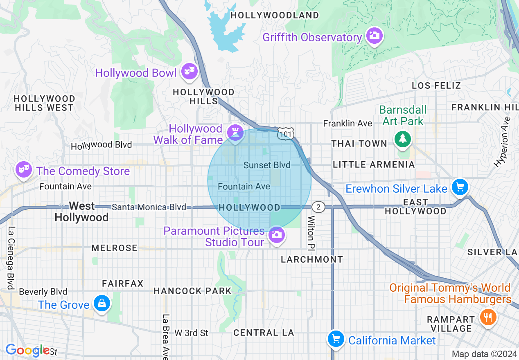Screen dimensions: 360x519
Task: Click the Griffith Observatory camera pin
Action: (x=374, y=36)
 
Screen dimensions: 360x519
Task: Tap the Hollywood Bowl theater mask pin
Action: (x=189, y=71)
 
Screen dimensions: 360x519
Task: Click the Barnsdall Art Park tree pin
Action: (x=403, y=138)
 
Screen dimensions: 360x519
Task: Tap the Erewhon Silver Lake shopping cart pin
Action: (x=460, y=187)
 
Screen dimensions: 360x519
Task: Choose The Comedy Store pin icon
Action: (x=23, y=169)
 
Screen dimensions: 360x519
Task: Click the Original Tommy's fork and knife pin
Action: (x=487, y=317)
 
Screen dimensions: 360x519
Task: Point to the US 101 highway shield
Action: (x=285, y=134)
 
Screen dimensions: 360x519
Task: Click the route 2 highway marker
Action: (x=318, y=207)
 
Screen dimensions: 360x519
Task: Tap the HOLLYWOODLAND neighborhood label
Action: (x=275, y=16)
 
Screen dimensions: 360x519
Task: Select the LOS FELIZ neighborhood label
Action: (x=436, y=85)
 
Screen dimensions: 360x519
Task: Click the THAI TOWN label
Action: (x=359, y=144)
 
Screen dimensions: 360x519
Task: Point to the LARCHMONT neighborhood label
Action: (x=312, y=259)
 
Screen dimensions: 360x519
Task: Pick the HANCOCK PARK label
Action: (x=192, y=291)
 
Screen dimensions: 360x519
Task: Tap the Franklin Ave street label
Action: (x=348, y=123)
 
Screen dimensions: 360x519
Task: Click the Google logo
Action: (x=27, y=351)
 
